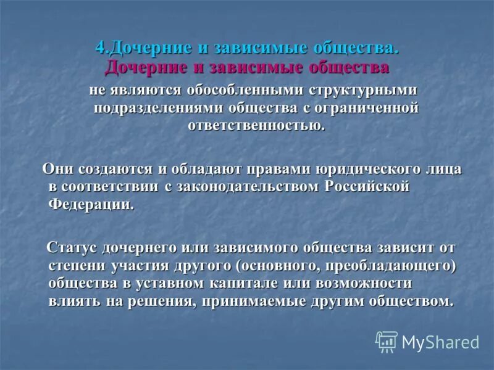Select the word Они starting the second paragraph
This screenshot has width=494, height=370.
pos(60,168)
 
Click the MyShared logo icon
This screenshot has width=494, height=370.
pos(387,341)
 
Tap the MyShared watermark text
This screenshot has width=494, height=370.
pos(440,342)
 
